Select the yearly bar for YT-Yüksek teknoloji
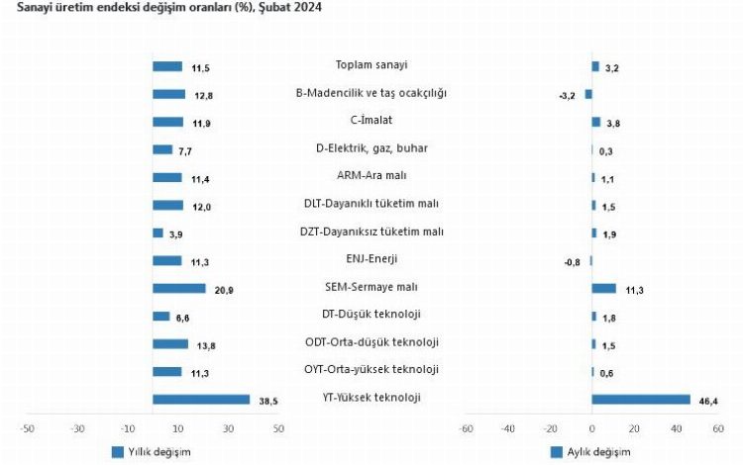pyautogui.click(x=201, y=399)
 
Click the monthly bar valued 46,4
pyautogui.click(x=640, y=399)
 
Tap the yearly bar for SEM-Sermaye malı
pyautogui.click(x=179, y=288)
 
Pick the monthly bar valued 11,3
pyautogui.click(x=603, y=288)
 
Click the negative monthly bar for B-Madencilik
pyautogui.click(x=588, y=94)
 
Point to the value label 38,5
pyautogui.click(x=267, y=400)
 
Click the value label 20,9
pyautogui.click(x=223, y=289)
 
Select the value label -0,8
pyautogui.click(x=572, y=261)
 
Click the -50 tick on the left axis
pyautogui.click(x=28, y=428)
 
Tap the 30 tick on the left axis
pyautogui.click(x=229, y=428)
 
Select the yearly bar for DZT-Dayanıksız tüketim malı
pyautogui.click(x=159, y=232)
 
